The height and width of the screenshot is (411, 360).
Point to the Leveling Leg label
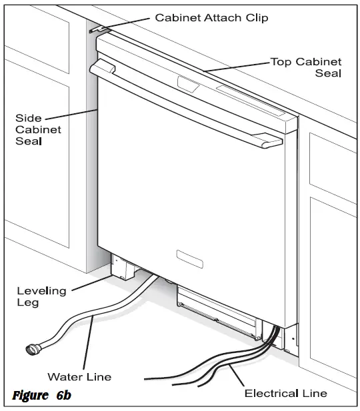[x=41, y=296]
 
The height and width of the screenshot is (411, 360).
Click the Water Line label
[x=79, y=378]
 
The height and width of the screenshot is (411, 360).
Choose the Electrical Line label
[x=285, y=393]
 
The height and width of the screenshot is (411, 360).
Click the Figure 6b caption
[x=41, y=396]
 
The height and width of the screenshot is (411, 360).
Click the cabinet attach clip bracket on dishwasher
[x=98, y=30]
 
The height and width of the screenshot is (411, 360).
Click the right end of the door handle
[x=272, y=141]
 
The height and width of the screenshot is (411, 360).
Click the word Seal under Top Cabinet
[x=327, y=73]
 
